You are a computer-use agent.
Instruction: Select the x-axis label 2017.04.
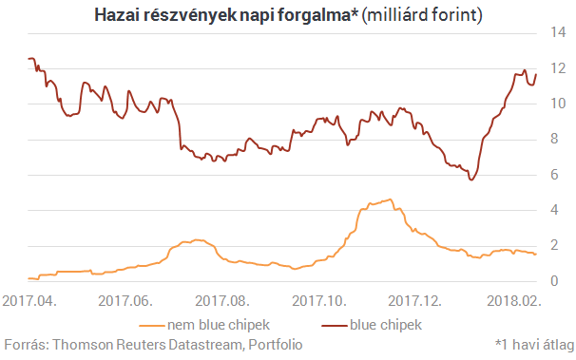click(29, 300)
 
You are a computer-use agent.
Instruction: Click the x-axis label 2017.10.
click(320, 300)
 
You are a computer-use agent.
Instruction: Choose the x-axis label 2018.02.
click(514, 300)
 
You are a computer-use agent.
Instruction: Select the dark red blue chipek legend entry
click(372, 325)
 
